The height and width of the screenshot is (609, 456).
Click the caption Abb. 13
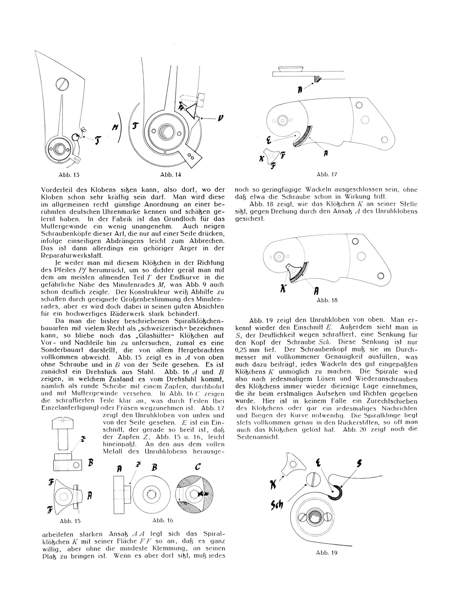tap(69, 175)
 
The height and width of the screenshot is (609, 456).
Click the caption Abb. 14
tap(170, 175)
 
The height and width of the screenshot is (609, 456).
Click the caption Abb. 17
tap(327, 175)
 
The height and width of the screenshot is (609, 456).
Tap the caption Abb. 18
tap(327, 300)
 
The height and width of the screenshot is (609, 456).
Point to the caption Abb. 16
tap(163, 520)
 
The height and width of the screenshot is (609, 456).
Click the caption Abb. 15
tap(70, 521)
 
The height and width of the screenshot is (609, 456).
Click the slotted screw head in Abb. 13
tap(62, 84)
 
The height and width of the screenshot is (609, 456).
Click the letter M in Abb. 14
tap(114, 128)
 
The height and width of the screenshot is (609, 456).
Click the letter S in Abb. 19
tap(359, 464)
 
